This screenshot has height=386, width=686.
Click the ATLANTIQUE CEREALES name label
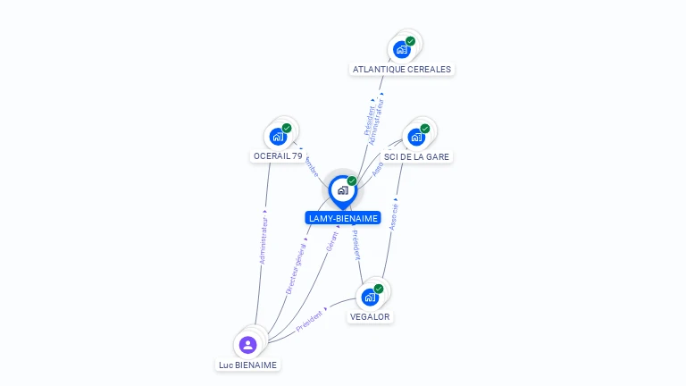point(402,69)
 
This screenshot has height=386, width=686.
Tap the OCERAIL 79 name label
point(278,155)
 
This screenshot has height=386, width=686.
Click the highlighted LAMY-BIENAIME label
point(343,218)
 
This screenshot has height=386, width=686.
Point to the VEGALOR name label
point(370,316)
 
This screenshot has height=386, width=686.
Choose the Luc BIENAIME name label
point(247,365)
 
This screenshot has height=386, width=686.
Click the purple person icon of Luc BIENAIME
point(248,344)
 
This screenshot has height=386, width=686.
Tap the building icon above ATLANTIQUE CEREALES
point(402,49)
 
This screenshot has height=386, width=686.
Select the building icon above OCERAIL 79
point(278,137)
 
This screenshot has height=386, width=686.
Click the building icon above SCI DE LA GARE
point(416,137)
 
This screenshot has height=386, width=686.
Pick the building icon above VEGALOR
point(370,297)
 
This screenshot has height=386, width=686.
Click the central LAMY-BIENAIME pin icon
point(342,190)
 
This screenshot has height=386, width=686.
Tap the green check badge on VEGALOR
point(379,289)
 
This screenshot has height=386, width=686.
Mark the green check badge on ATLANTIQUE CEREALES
point(410,41)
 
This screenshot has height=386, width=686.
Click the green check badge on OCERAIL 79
point(287,128)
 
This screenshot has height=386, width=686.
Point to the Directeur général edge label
point(295,265)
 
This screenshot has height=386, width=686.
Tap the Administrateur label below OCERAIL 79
point(264,238)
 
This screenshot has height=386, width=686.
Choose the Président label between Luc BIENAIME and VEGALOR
point(310,317)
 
